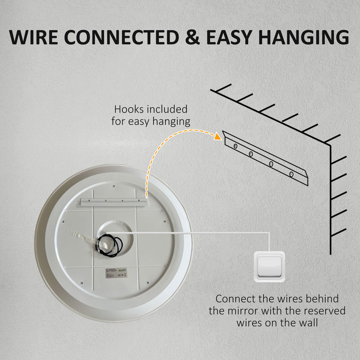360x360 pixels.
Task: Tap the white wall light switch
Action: tap(269, 267)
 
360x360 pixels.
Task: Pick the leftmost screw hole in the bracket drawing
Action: tap(234, 146)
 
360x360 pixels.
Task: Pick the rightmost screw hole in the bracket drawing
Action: tap(291, 173)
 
